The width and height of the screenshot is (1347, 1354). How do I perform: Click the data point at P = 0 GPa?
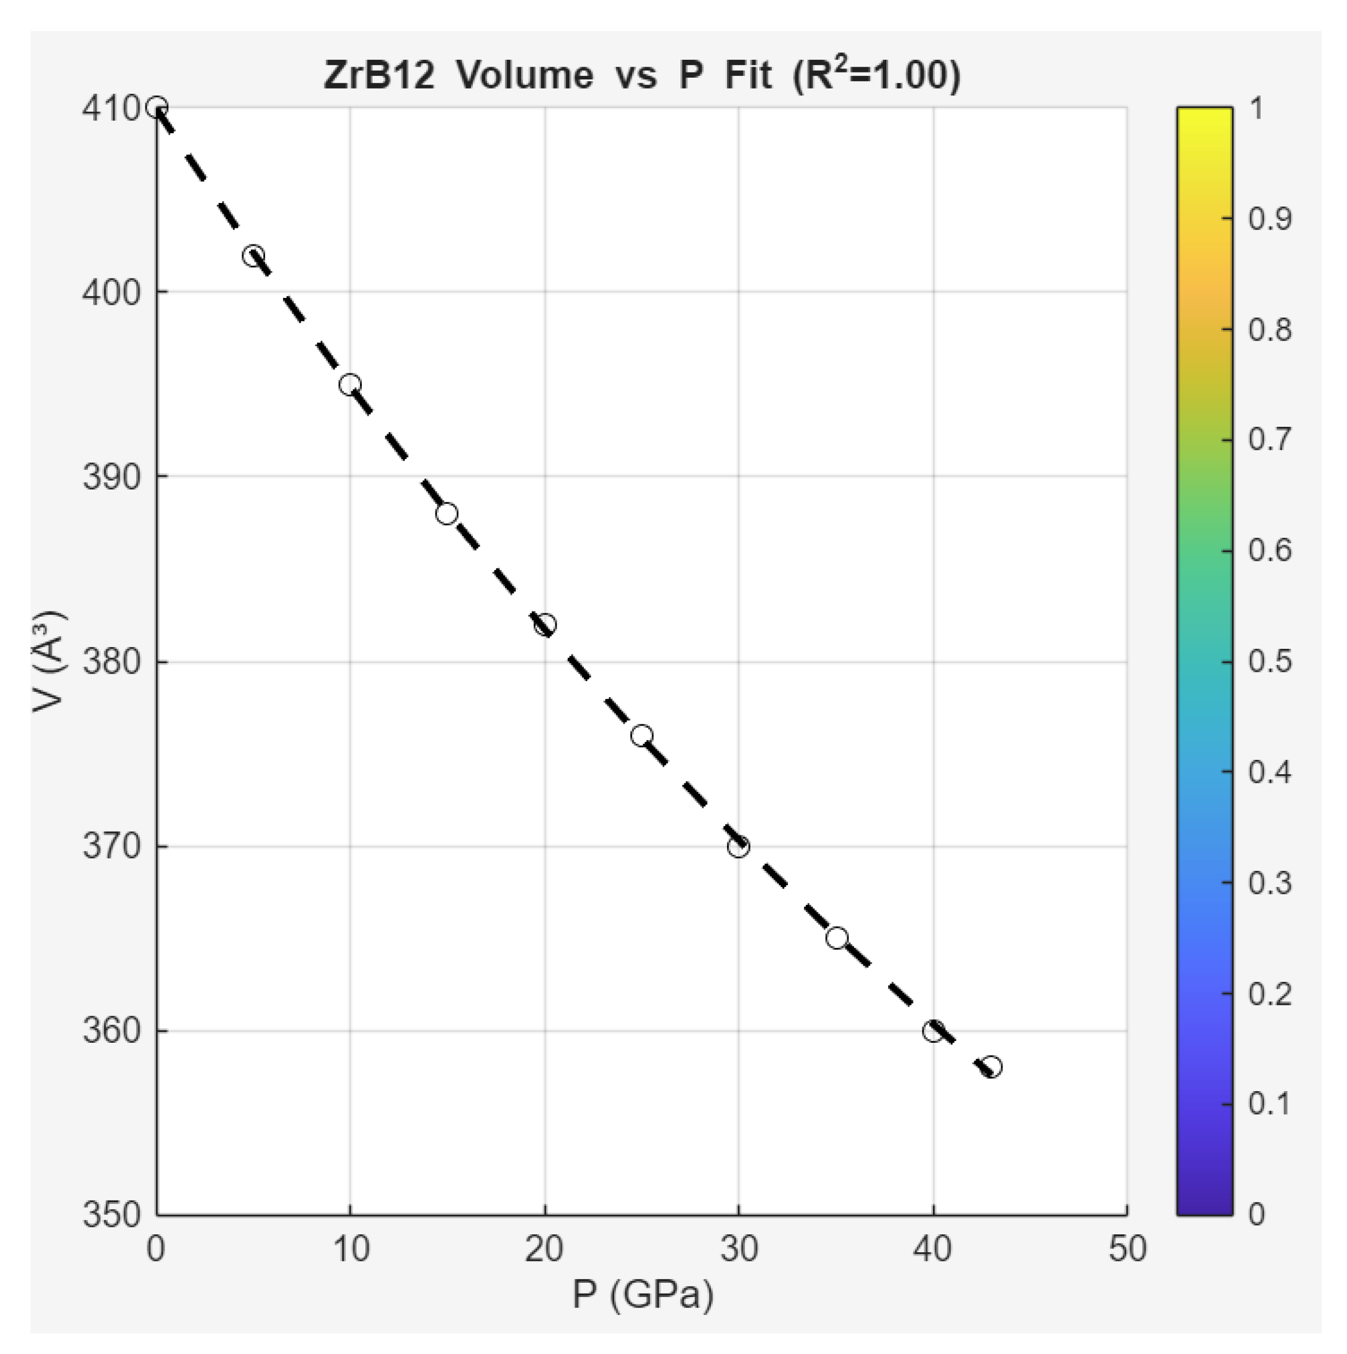[156, 107]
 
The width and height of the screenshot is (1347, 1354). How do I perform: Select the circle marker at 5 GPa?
[254, 255]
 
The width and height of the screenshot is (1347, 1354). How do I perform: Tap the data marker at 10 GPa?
[350, 385]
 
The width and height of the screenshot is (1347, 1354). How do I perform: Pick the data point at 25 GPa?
[642, 736]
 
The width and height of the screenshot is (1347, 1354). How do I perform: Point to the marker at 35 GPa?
[837, 938]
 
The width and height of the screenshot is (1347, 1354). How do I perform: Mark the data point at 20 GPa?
[545, 625]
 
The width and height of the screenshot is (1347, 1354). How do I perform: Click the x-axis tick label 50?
[1127, 1249]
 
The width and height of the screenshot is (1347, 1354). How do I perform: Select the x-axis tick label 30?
[738, 1249]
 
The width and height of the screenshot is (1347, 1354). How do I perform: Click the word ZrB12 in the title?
[378, 75]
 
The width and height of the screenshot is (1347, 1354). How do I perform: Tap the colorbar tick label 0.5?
[1269, 661]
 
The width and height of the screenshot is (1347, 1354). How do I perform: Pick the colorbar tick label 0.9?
[1269, 219]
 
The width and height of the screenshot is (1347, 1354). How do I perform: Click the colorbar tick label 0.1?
[1269, 1104]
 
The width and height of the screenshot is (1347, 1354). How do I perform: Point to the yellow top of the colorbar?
[1204, 115]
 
